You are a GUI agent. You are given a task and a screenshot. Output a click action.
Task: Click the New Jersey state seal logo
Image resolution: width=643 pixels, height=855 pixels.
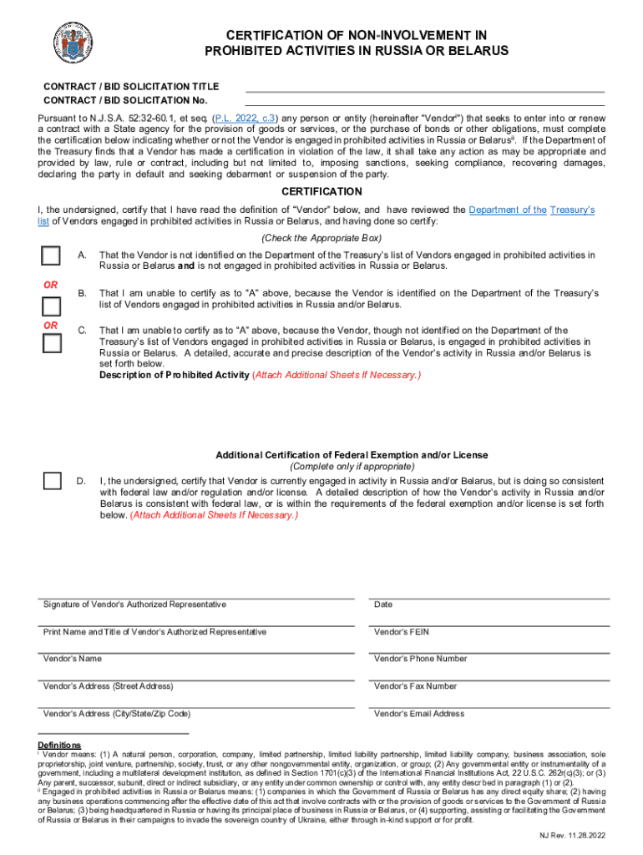(x=73, y=40)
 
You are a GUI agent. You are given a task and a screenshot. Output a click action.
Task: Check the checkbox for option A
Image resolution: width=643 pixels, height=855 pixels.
(x=52, y=255)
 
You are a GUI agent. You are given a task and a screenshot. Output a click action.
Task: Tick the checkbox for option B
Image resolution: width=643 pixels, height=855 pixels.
(x=52, y=306)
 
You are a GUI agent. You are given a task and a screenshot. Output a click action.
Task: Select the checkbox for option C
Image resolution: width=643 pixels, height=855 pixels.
(x=52, y=343)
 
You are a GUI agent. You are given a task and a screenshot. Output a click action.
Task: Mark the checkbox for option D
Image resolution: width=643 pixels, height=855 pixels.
(x=52, y=481)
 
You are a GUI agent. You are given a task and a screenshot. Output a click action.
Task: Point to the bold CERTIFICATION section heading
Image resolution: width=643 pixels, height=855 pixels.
(x=321, y=192)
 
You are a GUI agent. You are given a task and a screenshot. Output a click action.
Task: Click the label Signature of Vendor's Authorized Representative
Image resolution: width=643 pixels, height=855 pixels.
(x=134, y=605)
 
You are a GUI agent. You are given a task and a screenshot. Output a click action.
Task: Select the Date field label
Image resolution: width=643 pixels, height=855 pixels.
(x=383, y=605)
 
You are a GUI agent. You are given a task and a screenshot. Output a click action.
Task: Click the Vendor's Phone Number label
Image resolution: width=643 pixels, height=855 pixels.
(x=420, y=659)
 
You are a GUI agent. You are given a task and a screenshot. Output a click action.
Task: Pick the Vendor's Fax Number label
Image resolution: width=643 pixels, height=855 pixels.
(x=415, y=686)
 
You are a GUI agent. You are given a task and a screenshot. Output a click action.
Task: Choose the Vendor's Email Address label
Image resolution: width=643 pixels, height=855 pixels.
(x=418, y=714)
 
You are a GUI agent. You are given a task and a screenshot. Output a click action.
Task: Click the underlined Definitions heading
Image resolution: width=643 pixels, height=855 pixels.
(x=59, y=745)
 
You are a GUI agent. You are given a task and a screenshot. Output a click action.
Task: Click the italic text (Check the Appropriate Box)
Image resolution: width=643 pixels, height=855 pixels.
(x=321, y=238)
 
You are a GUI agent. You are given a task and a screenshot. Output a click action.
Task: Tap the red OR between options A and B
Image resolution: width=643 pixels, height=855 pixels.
(x=51, y=285)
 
